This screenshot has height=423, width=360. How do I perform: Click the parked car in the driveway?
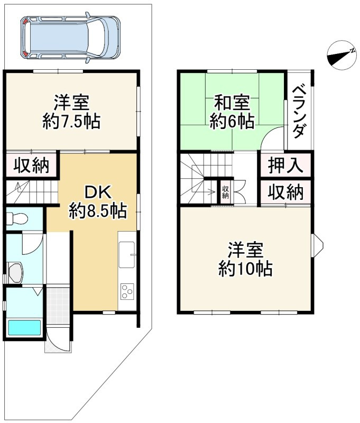[70, 37]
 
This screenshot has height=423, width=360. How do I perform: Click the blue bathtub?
[24, 328]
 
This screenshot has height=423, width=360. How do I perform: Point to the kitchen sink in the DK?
[127, 255]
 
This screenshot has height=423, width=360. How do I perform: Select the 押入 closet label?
[285, 166]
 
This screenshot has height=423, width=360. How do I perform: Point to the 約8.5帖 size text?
[97, 212]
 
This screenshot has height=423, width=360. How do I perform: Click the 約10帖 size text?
[245, 270]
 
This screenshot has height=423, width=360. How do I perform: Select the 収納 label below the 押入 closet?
[285, 192]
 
